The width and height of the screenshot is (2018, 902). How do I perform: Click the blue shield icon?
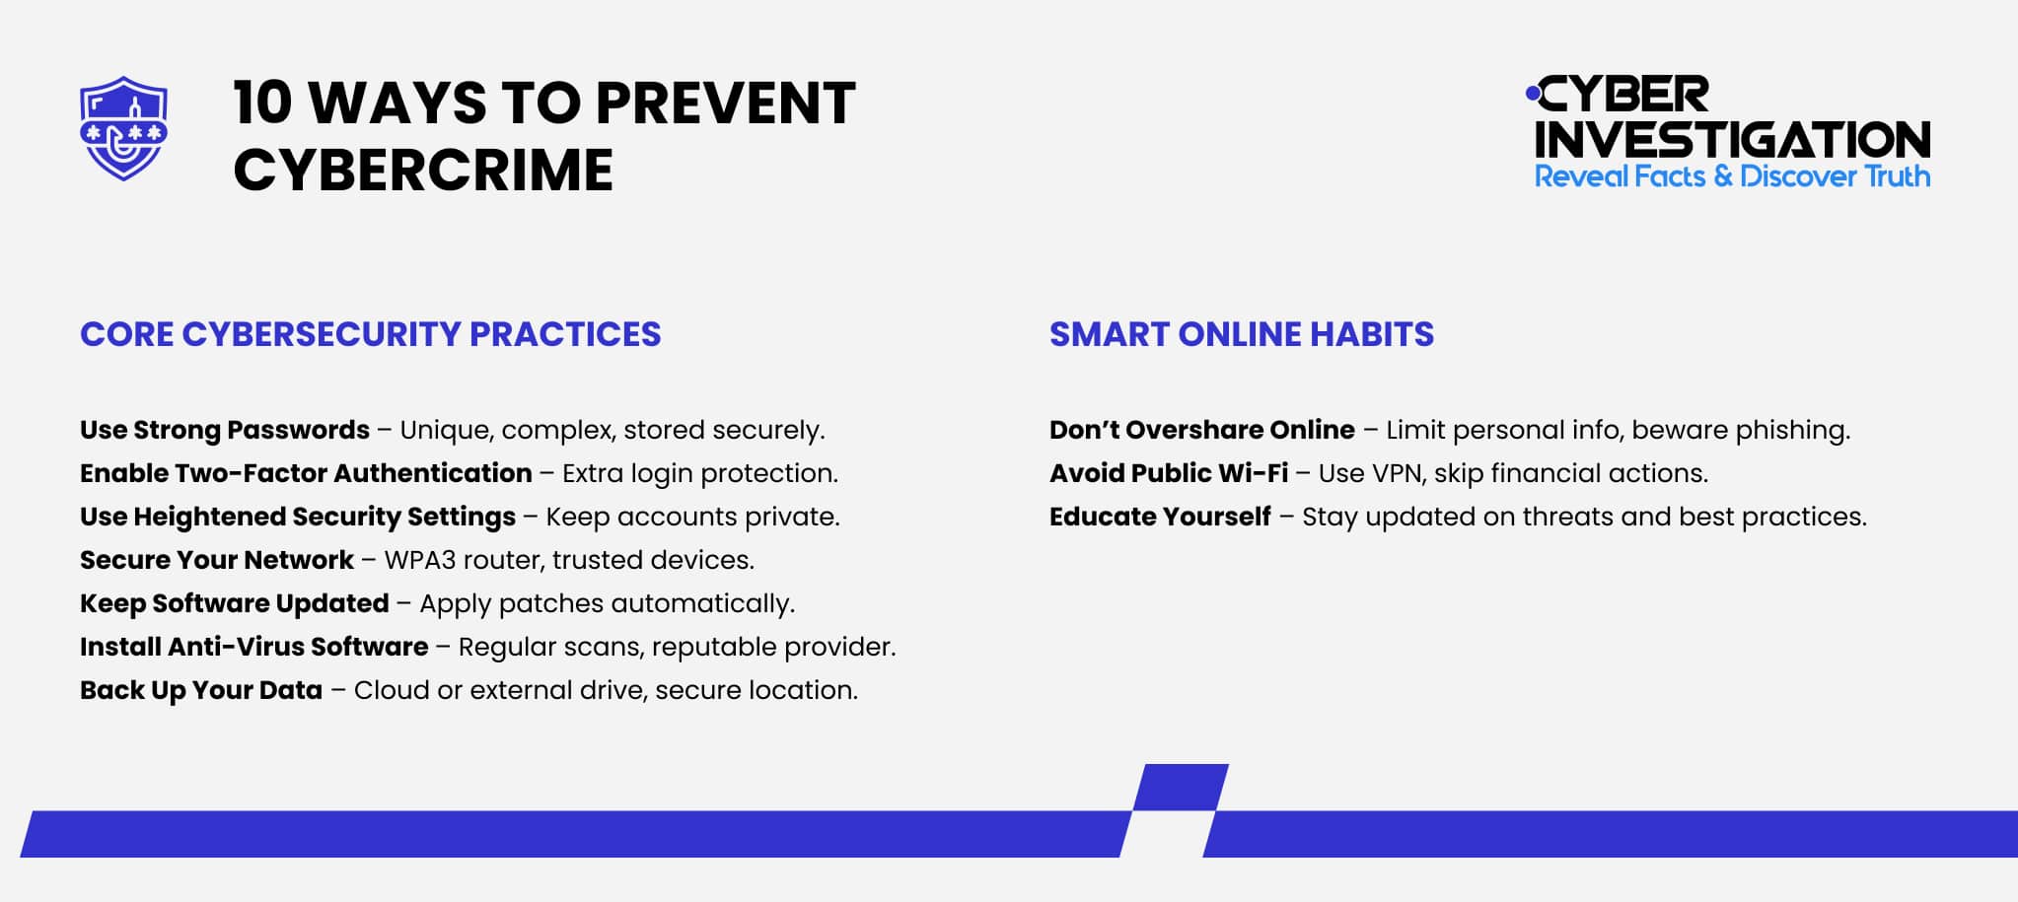click(123, 128)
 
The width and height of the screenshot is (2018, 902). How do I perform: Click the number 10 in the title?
click(262, 103)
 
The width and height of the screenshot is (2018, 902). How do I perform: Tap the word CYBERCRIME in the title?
click(423, 170)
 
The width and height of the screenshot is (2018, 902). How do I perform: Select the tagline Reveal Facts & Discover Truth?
click(1732, 176)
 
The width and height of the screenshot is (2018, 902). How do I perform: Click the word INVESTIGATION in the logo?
click(1732, 139)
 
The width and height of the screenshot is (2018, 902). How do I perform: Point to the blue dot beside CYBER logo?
click(1532, 94)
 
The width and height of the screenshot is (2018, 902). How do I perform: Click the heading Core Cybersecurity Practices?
click(370, 334)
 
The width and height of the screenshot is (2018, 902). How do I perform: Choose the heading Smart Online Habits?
click(1241, 334)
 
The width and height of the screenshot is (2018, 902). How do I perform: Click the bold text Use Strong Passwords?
click(225, 430)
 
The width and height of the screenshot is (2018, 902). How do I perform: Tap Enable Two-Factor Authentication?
click(306, 473)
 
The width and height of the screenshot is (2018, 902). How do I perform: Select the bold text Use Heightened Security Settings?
click(297, 517)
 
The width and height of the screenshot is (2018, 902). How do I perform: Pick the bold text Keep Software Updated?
click(234, 603)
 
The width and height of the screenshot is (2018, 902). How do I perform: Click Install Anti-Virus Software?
click(253, 647)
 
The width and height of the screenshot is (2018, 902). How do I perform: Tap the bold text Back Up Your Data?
click(201, 690)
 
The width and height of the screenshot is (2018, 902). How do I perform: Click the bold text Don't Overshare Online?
click(1201, 430)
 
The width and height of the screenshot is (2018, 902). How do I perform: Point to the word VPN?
click(1396, 473)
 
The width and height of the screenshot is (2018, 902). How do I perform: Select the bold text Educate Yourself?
click(1160, 517)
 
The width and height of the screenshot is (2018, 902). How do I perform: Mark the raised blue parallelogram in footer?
click(1181, 787)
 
